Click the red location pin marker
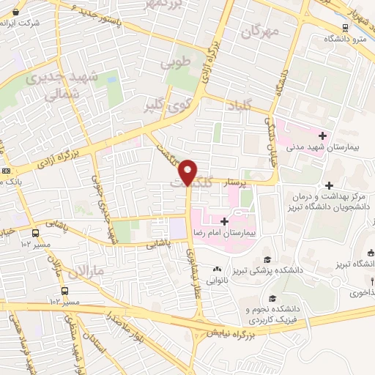pos(188,173)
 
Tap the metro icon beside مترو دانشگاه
pos(344,28)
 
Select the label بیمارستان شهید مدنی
pos(331,147)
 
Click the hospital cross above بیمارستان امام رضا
pos(225,220)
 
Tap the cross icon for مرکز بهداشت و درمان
pos(329,186)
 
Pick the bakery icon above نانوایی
pos(216,269)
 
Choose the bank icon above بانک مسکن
pos(7,171)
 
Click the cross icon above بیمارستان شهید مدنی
pos(322,134)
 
